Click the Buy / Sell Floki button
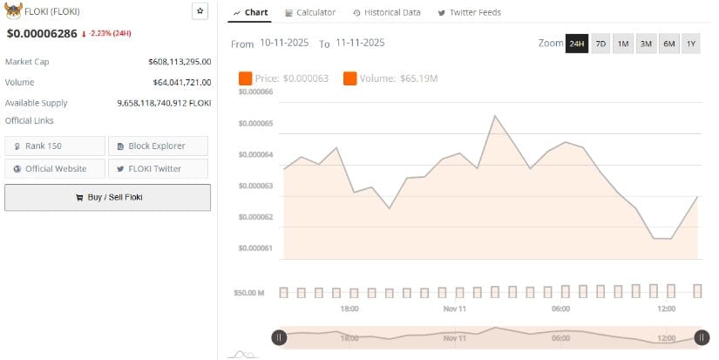coord(107,197)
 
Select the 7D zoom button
coord(600,44)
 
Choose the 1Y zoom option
coord(690,44)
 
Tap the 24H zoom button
coord(576,44)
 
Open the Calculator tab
coord(310,12)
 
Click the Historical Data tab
coord(387,12)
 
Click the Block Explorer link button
coord(158,146)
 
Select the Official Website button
coord(55,168)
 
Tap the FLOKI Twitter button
coord(158,168)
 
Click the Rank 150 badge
coord(55,146)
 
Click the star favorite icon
coord(200,11)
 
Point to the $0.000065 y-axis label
coord(255,124)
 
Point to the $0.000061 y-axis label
coord(255,248)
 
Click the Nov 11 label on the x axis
coord(455,309)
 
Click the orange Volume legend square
coord(349,78)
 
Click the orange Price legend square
coord(245,78)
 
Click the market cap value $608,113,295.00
coord(180,62)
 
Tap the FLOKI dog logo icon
coord(13,11)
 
